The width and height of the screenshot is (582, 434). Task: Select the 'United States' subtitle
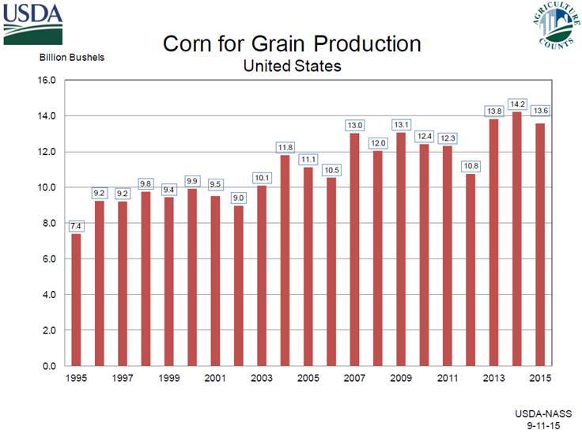(292, 66)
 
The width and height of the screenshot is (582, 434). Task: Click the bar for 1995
(76, 300)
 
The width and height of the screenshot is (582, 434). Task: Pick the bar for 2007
(355, 249)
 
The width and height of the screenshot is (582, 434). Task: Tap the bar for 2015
(540, 244)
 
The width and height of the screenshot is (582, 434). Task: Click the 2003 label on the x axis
(263, 378)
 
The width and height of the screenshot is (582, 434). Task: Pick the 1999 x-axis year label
(169, 378)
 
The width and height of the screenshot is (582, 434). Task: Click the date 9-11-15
(551, 425)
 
